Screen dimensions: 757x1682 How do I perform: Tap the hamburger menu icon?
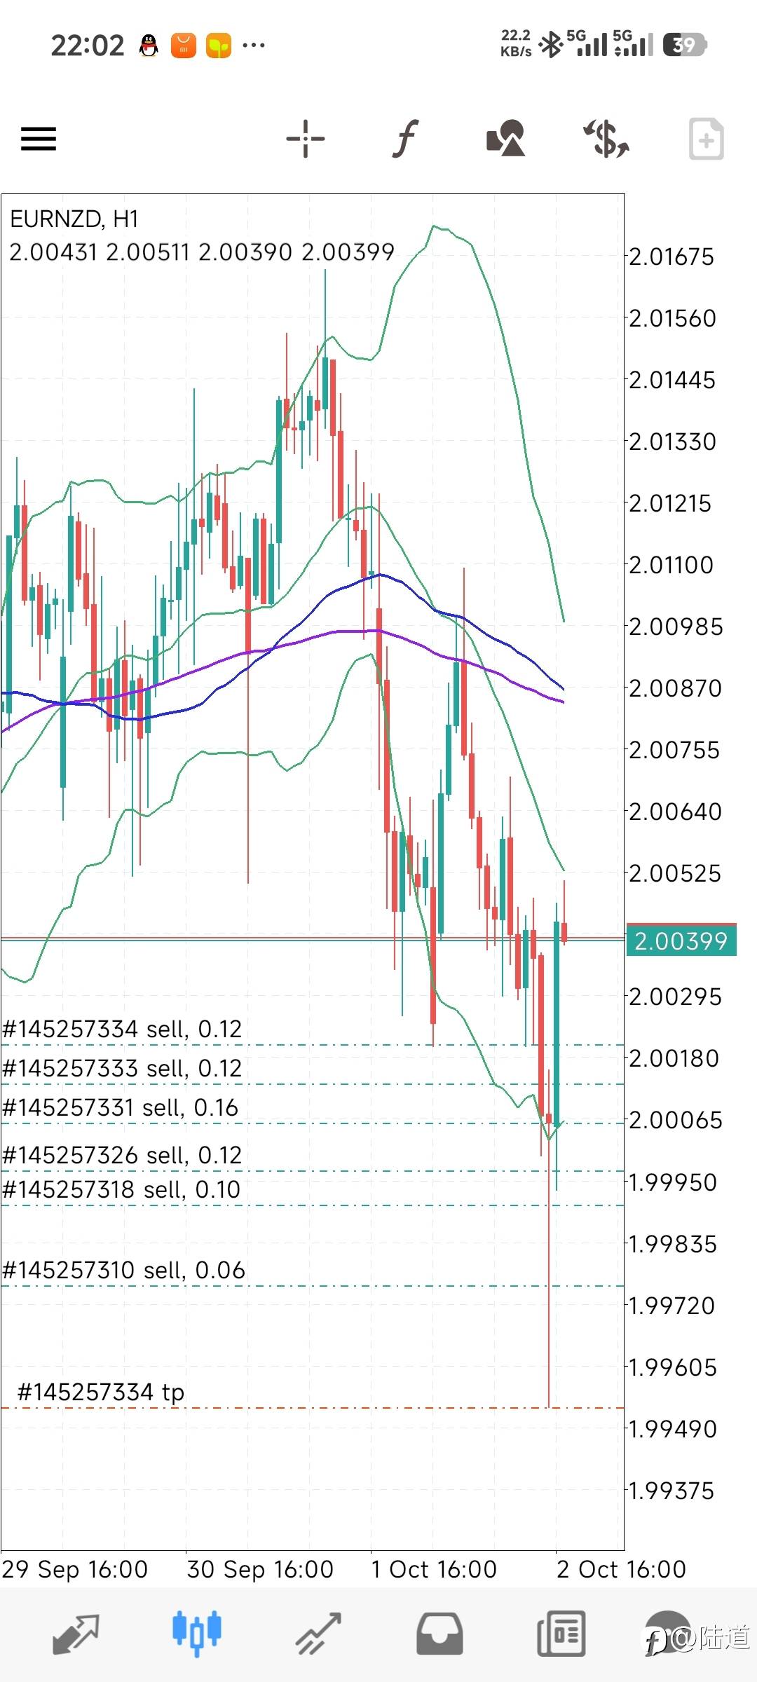click(x=39, y=138)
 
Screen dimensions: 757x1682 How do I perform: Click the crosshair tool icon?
click(x=306, y=138)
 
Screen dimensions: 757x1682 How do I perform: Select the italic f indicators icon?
click(x=405, y=138)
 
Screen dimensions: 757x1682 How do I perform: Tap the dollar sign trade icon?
click(x=606, y=138)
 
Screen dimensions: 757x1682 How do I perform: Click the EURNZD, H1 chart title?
click(x=74, y=219)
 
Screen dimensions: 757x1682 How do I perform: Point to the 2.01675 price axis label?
click(x=671, y=257)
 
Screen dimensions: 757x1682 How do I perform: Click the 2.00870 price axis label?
click(x=675, y=688)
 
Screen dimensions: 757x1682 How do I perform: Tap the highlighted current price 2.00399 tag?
click(x=681, y=941)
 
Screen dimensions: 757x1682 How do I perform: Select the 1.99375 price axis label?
click(x=671, y=1491)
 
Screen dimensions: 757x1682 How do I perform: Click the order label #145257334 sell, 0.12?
click(x=123, y=1029)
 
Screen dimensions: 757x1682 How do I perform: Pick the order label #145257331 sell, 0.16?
click(x=121, y=1107)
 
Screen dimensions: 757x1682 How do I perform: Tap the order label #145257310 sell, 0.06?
click(x=124, y=1270)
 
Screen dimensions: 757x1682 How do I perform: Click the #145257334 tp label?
click(x=101, y=1392)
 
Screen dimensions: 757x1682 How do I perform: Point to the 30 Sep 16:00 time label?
click(x=260, y=1569)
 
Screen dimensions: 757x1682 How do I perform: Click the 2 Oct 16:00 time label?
click(x=621, y=1569)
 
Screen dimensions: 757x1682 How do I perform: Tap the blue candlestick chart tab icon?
click(x=196, y=1634)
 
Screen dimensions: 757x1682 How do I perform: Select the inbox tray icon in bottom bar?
click(x=439, y=1634)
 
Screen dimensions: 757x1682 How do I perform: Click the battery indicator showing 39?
click(x=684, y=45)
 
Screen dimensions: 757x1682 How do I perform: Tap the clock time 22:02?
click(x=88, y=46)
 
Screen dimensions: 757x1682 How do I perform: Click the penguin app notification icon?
click(x=149, y=46)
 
